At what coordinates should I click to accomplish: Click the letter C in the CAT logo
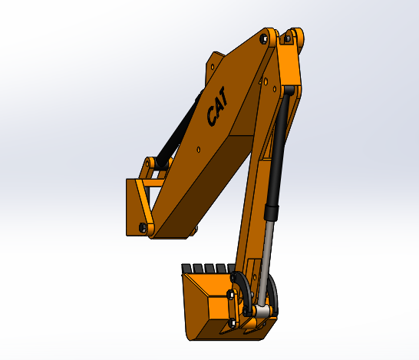(212, 117)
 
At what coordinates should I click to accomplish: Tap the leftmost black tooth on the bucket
(186, 268)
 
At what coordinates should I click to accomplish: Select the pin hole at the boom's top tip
(265, 36)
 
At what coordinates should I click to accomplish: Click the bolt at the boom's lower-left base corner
(144, 226)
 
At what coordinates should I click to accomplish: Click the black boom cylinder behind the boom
(180, 130)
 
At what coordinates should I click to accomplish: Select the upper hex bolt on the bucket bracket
(231, 294)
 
